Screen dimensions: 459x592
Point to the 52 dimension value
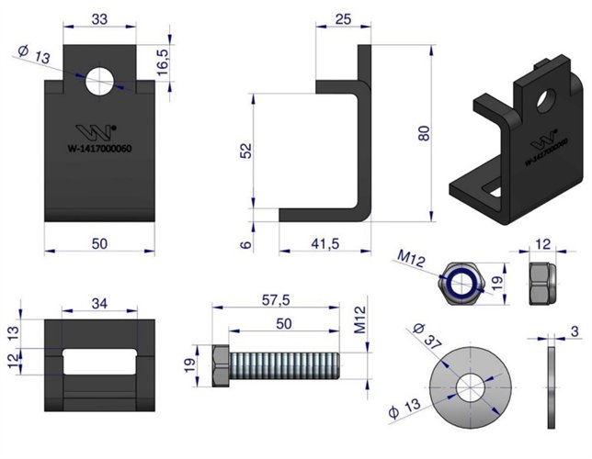coord(244,150)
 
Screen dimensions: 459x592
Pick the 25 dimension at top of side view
coord(344,18)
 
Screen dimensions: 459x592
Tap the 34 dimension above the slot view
coord(101,304)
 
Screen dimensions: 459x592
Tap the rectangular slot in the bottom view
coord(100,361)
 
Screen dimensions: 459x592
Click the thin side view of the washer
coord(552,386)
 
